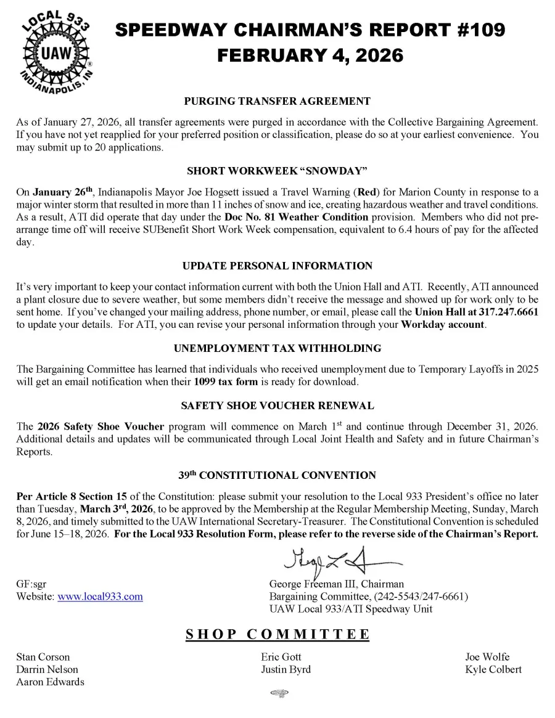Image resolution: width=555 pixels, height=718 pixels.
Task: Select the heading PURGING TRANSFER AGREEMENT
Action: tap(277, 101)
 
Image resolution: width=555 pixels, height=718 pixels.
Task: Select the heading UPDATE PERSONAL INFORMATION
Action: tap(277, 266)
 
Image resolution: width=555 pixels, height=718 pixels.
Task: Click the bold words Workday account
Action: tap(442, 325)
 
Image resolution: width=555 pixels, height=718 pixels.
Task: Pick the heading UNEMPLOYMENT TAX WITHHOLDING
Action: tap(277, 349)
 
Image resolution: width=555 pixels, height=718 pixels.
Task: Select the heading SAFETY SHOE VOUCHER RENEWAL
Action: tap(277, 406)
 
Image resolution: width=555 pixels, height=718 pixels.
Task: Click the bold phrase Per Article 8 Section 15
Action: tap(65, 497)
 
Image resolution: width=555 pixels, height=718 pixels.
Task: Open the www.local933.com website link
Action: tap(100, 597)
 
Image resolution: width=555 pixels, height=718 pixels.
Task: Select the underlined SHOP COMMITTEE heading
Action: tap(277, 635)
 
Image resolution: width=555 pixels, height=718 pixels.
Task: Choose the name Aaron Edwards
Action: tap(50, 682)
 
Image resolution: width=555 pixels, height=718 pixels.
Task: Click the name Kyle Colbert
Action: tap(493, 669)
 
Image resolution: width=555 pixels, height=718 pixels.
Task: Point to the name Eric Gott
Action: tap(281, 657)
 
